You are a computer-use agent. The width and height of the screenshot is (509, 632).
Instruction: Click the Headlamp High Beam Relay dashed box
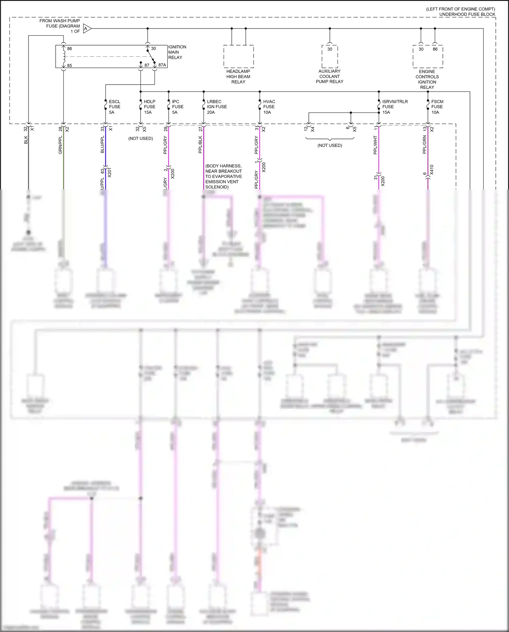[x=239, y=56]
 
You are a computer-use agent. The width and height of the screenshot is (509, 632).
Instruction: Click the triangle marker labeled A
[x=87, y=29]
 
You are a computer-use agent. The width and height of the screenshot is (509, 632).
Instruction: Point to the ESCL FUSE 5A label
[x=114, y=107]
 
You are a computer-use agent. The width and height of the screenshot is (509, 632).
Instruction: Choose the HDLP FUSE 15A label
[x=149, y=107]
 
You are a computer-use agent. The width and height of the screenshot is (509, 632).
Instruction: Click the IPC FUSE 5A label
[x=177, y=107]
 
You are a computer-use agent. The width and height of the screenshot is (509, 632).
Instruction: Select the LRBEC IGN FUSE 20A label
[x=216, y=107]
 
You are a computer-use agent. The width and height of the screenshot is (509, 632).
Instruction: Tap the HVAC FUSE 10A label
[x=269, y=107]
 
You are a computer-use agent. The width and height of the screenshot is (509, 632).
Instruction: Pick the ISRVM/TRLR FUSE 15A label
[x=395, y=107]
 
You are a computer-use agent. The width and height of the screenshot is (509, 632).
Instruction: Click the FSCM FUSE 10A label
[x=437, y=107]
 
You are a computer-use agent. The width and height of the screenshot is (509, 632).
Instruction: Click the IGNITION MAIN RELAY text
[x=177, y=52]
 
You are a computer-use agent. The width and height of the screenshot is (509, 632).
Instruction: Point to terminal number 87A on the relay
[x=162, y=65]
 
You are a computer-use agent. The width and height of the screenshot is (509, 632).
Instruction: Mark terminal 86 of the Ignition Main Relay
[x=70, y=49]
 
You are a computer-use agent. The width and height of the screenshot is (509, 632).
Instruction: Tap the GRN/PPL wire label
[x=60, y=145]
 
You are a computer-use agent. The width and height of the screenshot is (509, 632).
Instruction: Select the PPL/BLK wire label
[x=200, y=145]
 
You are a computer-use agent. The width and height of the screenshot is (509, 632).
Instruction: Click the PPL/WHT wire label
[x=375, y=145]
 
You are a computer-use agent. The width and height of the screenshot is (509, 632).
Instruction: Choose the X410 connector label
[x=432, y=170]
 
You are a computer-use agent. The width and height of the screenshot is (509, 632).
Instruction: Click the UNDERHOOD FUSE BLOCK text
[x=467, y=14]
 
